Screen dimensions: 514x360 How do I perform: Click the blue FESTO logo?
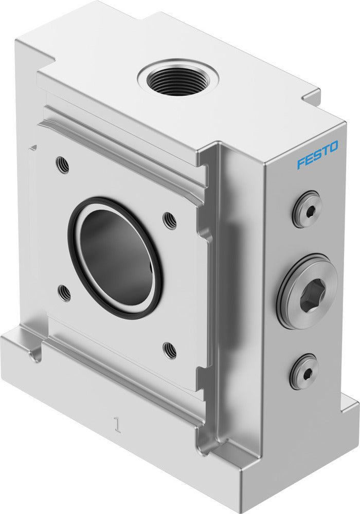(317, 155)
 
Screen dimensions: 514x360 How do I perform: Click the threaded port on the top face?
(178, 80)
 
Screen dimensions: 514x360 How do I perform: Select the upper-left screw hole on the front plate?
(62, 165)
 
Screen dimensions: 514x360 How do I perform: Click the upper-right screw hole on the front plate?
(170, 221)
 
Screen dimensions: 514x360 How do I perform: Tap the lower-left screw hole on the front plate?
(65, 293)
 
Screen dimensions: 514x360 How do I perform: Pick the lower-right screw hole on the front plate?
(170, 350)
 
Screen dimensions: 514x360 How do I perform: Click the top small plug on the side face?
(307, 209)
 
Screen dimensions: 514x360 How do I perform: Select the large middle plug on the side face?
(308, 291)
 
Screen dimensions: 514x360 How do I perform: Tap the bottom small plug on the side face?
(303, 371)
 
